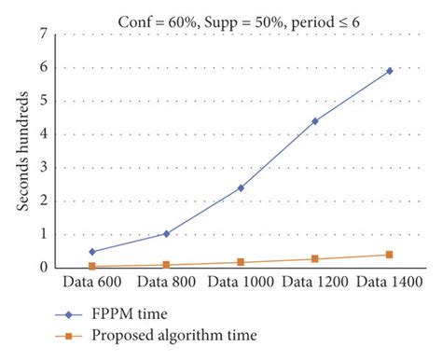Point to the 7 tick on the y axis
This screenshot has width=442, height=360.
44,34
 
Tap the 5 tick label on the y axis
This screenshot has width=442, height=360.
44,101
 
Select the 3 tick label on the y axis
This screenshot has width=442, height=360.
44,167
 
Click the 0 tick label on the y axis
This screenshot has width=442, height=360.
44,268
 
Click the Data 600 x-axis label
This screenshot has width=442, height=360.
91,281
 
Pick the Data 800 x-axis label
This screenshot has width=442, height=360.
165,281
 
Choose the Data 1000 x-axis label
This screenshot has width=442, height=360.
240,281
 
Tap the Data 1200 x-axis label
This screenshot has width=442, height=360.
314,281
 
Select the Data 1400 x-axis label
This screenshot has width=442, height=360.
389,281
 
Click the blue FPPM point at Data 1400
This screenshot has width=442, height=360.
389,71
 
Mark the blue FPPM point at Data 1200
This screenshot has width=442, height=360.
314,121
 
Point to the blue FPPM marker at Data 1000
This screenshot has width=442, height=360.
241,187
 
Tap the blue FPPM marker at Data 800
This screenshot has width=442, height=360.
166,233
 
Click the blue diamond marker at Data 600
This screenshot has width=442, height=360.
91,251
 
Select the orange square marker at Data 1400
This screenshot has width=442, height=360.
389,255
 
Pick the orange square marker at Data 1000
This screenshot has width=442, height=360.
241,262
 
